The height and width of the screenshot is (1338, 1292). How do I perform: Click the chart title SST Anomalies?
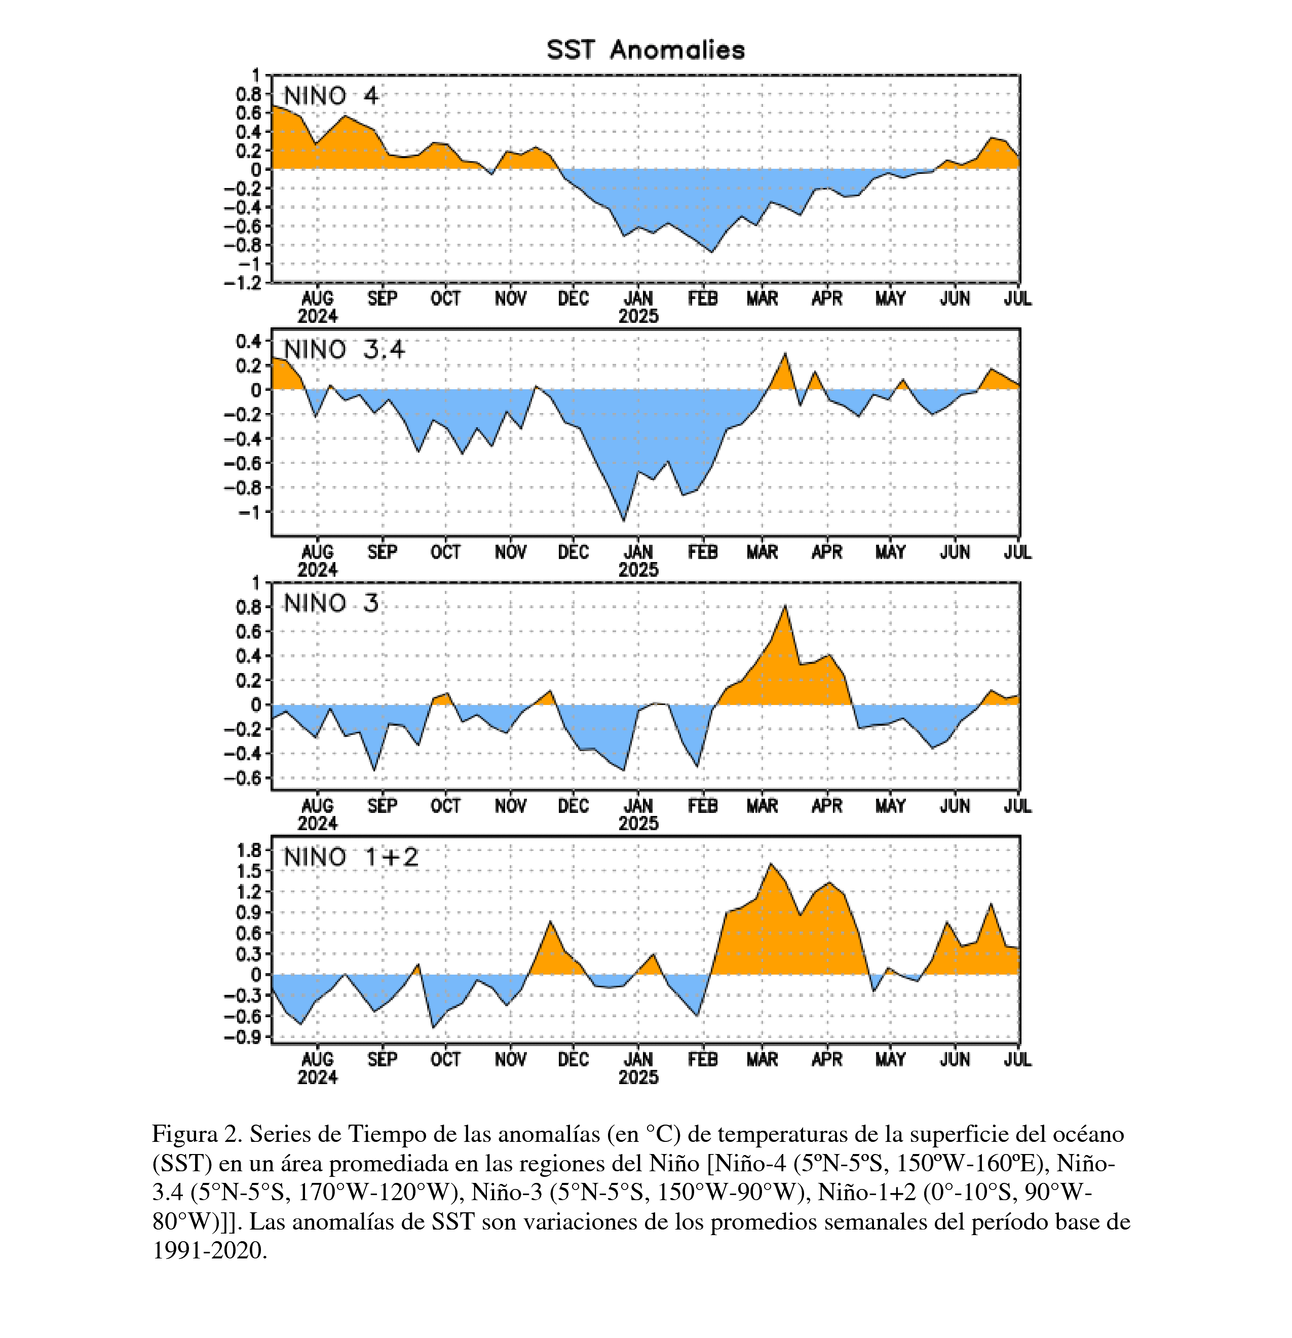coord(645,50)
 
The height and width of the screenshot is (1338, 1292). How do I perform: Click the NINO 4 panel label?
coord(330,96)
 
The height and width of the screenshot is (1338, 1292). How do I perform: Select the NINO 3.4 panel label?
coord(344,350)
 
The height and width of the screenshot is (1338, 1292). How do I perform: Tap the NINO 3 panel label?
coord(330,604)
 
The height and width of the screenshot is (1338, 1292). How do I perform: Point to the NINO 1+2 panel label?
coord(351,857)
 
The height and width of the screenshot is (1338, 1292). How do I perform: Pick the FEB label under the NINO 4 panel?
coord(702,299)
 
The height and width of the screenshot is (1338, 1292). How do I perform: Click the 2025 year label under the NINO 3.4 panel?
coord(638,569)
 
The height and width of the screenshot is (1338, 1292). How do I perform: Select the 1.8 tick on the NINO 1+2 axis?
coord(248,850)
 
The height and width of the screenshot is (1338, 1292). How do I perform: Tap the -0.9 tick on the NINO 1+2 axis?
coord(243,1037)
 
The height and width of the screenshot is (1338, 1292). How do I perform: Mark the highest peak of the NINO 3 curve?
coord(785,606)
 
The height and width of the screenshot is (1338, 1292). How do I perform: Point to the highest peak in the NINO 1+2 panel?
coord(771,864)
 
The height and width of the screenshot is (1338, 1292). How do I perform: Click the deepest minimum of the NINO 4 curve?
coord(712,252)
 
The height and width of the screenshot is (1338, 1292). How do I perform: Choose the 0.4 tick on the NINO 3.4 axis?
coord(248,341)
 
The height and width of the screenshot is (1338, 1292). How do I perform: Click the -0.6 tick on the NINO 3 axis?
coord(243,778)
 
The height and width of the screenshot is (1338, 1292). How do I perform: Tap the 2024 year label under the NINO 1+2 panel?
coord(317,1076)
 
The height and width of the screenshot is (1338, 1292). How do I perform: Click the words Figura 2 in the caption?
coord(195,1134)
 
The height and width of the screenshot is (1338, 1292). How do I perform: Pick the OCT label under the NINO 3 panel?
coord(446,806)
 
